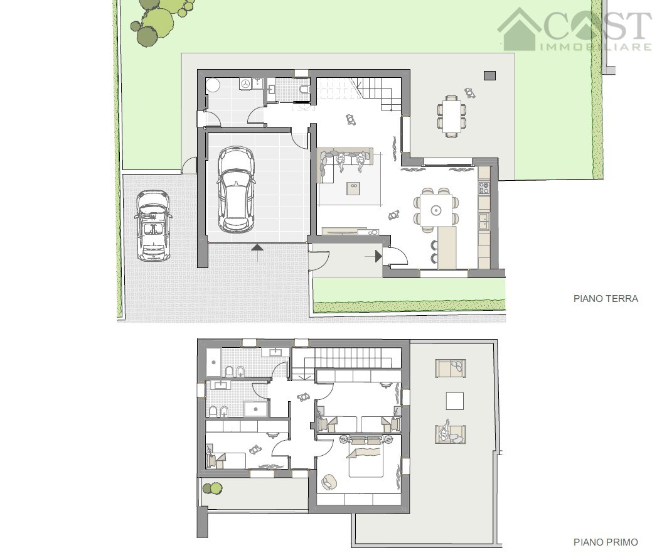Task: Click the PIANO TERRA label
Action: click(606, 299)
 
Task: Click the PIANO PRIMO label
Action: click(606, 542)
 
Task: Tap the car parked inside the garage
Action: click(236, 190)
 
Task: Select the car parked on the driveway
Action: click(153, 225)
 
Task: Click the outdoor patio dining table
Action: click(451, 116)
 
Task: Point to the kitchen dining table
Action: click(436, 209)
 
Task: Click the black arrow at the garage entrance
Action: click(257, 248)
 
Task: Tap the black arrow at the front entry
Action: click(378, 256)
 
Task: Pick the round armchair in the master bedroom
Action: click(329, 482)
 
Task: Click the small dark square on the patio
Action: click(490, 75)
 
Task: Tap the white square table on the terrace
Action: click(454, 401)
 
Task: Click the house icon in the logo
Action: click(519, 30)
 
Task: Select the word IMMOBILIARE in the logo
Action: click(596, 46)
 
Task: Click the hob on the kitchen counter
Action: click(484, 187)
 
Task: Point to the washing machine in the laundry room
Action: click(245, 84)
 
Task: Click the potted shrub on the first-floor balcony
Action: click(212, 488)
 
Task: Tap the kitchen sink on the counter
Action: click(484, 221)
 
